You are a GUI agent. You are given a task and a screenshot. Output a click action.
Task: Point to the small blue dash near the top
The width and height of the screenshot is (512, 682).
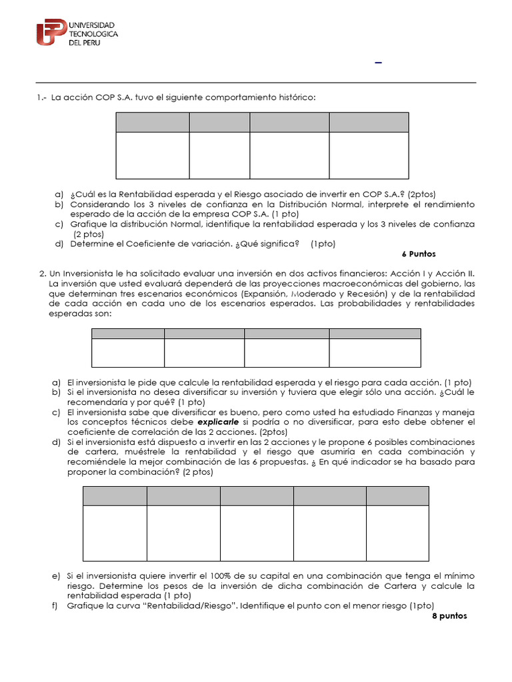point(379,63)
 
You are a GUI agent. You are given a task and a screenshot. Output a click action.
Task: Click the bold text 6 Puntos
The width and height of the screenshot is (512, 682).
point(419,254)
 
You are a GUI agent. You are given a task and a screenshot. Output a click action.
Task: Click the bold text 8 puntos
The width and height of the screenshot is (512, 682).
point(450,616)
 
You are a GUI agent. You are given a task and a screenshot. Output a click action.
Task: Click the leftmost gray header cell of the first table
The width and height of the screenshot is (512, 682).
point(152,123)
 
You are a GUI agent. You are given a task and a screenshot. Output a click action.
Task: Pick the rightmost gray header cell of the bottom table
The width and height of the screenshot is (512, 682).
point(397,496)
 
